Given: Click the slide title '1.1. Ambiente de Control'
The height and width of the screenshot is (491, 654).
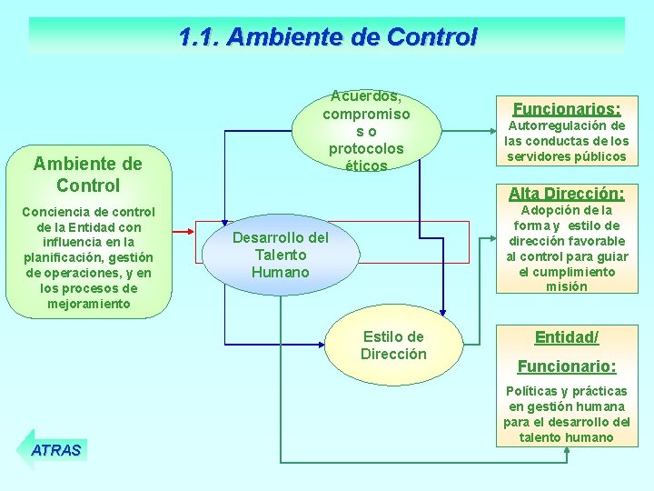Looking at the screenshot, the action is [x=327, y=37].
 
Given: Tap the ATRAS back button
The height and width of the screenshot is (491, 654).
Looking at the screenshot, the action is [x=55, y=449].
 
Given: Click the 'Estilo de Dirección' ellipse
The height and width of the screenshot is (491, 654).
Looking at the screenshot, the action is [x=393, y=346].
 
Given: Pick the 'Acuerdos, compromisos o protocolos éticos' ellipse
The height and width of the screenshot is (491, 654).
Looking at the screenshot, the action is [x=367, y=131].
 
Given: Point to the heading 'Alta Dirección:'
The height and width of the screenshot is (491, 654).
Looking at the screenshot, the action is [x=567, y=193].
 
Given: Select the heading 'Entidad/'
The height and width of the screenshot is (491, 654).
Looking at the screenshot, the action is [x=567, y=337].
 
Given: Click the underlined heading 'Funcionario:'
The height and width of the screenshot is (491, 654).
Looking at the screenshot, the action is [x=567, y=366].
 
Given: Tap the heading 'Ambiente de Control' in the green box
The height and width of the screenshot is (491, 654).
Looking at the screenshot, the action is [x=88, y=175].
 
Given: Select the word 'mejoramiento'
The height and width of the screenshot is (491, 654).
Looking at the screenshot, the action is [x=88, y=304].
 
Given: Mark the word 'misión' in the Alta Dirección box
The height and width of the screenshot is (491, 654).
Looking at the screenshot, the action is [x=567, y=286].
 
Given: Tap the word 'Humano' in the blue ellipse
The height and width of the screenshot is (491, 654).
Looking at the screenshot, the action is [x=281, y=272].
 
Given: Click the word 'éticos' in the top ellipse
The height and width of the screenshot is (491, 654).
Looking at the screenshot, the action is [x=367, y=165].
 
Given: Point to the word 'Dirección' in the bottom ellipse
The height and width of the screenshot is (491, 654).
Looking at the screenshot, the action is [x=393, y=355].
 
